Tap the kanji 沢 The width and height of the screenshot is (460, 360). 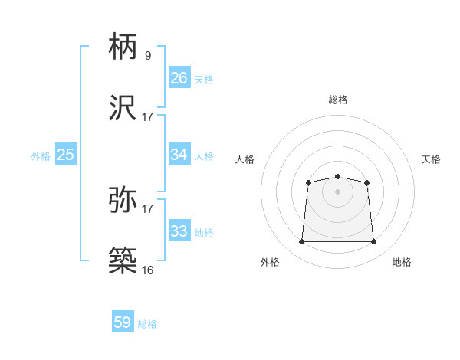pos(123,106)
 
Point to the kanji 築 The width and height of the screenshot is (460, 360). pos(123,260)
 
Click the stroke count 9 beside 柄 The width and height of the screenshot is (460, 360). pos(147,56)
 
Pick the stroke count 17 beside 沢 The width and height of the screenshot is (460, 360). pos(148,116)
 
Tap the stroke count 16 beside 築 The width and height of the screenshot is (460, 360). pos(148,270)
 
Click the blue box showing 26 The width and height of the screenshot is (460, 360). pos(179,77)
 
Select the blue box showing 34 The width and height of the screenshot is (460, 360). pos(179,155)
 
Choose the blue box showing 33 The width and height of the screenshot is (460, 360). pos(179,231)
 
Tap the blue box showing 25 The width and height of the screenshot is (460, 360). pos(65,155)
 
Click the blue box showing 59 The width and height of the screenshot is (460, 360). pos(122,322)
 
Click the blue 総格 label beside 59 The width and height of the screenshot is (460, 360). pos(147,324)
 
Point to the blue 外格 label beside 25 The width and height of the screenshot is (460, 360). pos(41,156)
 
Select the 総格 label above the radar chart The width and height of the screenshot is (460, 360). pos(338,100)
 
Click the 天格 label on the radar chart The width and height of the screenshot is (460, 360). pos(431,159)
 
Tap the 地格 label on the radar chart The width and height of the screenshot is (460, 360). pos(402,262)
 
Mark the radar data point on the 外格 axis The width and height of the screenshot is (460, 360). pos(301,241)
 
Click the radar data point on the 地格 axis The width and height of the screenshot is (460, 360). pos(374,241)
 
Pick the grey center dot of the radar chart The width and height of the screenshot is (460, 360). pos(337,191)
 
